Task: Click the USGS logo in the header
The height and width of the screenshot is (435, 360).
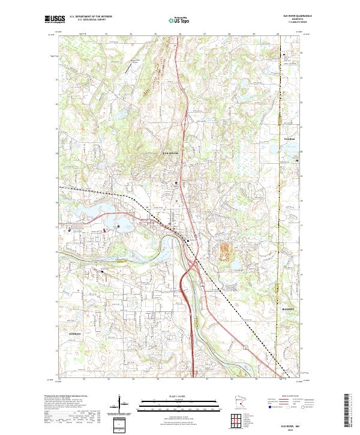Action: (x=55, y=18)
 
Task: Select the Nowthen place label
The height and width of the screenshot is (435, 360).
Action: (x=290, y=137)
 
